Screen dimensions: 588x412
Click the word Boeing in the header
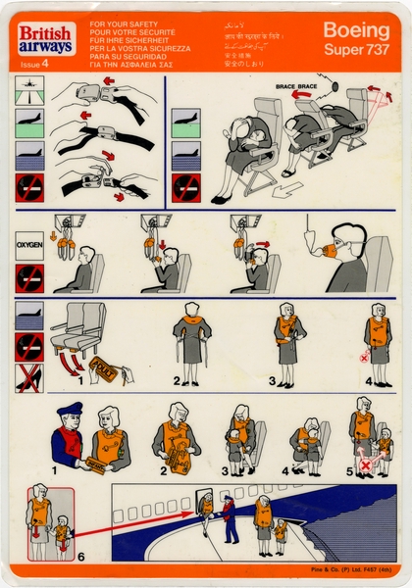pyautogui.click(x=356, y=29)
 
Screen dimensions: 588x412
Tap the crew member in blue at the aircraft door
pyautogui.click(x=228, y=519)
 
